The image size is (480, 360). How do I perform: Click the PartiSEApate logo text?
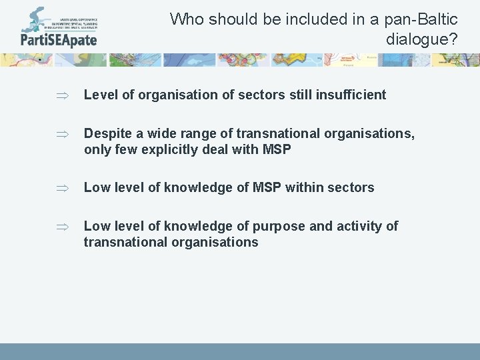coord(59,39)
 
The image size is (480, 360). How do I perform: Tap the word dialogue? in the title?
coord(422,39)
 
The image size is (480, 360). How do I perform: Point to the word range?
coord(189,134)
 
